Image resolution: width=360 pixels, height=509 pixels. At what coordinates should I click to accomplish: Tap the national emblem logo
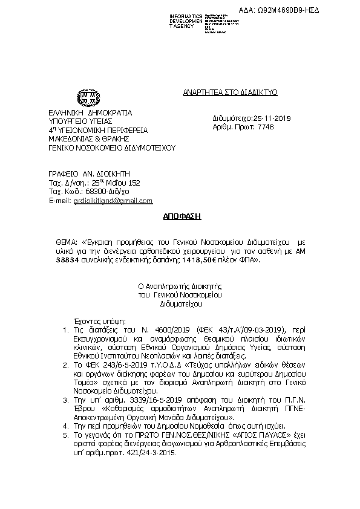[84, 97]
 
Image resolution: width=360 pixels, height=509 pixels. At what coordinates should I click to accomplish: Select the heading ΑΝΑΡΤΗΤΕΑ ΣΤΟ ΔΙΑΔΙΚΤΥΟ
[230, 92]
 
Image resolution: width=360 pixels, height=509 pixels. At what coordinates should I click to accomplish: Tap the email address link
[113, 201]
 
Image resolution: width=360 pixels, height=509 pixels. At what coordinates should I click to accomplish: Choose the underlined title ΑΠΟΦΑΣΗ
[181, 215]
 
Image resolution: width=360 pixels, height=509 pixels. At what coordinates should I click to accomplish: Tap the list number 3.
[67, 400]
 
